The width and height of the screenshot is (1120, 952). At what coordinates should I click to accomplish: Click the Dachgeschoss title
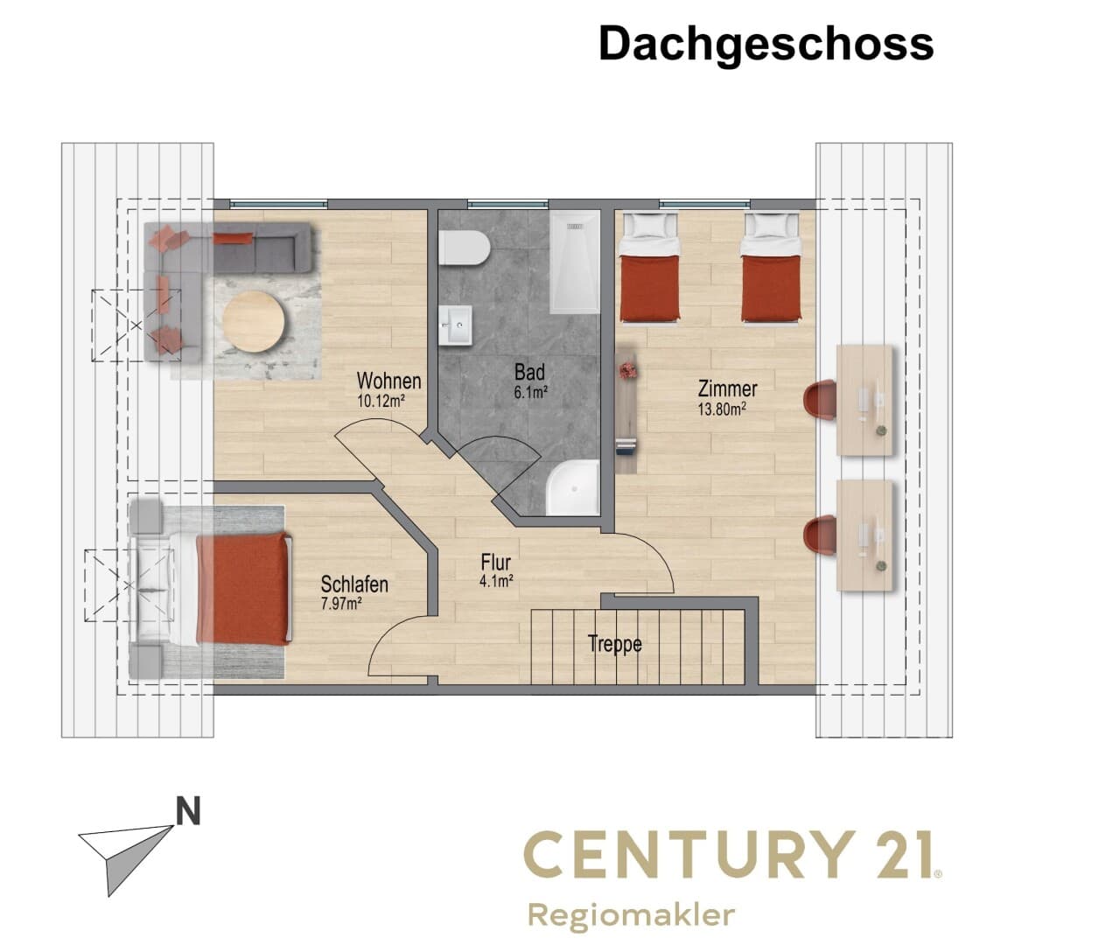tap(766, 45)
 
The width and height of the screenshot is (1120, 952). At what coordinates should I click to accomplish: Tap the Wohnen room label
tap(388, 381)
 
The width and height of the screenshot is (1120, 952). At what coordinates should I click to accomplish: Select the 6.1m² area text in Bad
tap(530, 392)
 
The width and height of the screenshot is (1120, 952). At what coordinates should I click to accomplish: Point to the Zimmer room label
tap(727, 388)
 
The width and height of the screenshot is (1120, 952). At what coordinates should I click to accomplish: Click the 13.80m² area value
tap(722, 409)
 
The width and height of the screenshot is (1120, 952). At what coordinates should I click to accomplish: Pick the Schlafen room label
tap(354, 584)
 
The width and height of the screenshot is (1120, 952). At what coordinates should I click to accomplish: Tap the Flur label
tap(496, 563)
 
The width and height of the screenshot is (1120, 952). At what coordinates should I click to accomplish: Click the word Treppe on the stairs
tap(615, 644)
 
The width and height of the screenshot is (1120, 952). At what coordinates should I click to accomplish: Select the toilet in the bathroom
tap(465, 248)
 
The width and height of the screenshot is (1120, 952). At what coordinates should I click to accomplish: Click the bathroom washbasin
tap(455, 325)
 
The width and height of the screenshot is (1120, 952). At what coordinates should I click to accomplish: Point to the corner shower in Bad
tap(572, 487)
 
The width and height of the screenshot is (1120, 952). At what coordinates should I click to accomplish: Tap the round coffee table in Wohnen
tap(254, 322)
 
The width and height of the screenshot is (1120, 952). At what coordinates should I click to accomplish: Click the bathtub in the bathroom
tap(576, 262)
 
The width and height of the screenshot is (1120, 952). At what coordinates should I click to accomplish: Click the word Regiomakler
tap(631, 916)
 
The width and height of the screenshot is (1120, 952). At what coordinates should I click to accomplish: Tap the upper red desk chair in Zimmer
tap(820, 400)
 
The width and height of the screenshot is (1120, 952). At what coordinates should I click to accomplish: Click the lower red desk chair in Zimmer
tap(820, 535)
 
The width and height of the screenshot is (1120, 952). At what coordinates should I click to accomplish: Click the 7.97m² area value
tap(341, 603)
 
